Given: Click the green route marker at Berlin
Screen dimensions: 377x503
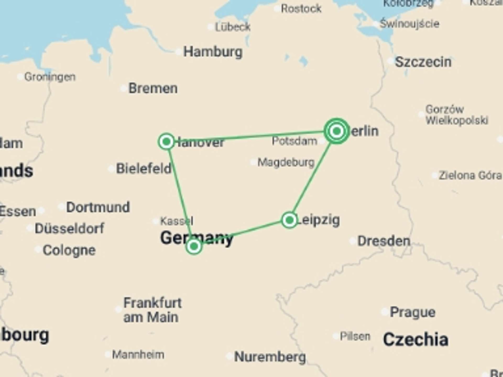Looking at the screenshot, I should (337, 131).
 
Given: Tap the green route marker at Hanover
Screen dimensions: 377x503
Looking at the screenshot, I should (166, 142).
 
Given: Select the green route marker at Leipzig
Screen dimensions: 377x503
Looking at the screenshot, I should (289, 220).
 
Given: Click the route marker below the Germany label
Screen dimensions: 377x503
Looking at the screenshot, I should (194, 246).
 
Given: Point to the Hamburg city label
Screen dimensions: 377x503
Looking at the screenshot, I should (213, 52).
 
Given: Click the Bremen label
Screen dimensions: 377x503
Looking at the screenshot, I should (153, 88).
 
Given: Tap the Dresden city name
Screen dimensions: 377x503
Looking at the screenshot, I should (384, 241).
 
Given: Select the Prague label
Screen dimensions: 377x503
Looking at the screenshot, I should (413, 312).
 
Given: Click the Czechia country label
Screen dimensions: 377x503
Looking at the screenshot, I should (415, 340).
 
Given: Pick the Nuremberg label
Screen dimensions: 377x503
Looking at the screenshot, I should (270, 357).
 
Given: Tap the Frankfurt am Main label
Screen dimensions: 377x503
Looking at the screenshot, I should (152, 310).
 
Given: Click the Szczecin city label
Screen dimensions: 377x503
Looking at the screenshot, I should (423, 62).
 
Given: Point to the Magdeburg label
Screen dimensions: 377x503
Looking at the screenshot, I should (286, 162).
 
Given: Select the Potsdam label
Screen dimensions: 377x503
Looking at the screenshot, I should (294, 141).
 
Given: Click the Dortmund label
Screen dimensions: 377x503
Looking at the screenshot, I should (98, 207).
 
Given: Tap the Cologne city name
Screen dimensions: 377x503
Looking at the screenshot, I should (69, 250).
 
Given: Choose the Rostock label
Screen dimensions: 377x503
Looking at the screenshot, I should (301, 9).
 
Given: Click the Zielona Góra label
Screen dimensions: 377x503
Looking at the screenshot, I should (470, 175).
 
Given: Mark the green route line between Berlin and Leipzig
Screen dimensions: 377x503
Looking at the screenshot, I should (312, 178).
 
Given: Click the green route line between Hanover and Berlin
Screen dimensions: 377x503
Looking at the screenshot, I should (251, 136).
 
